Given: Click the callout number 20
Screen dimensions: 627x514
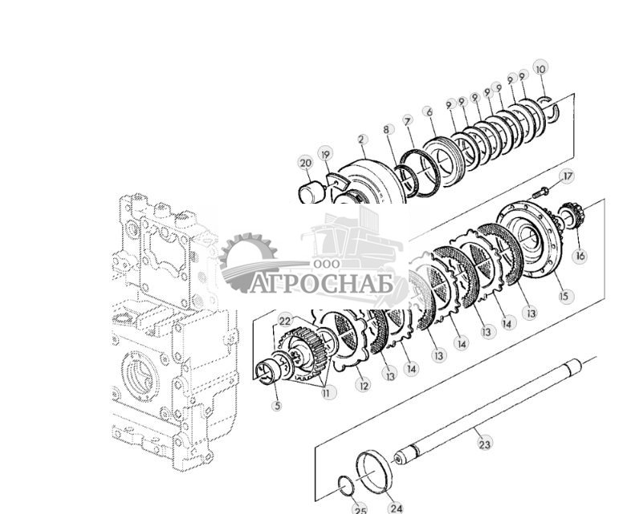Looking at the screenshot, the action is coord(306,164).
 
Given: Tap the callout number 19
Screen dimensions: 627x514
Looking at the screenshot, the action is coord(325,154).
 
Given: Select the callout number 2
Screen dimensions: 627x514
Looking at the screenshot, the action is coord(362,140).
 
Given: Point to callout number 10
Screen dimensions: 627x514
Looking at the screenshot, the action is coord(540,69).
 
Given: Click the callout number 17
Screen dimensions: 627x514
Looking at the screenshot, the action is coord(568,176).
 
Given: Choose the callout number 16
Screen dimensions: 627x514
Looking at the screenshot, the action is coord(580,256).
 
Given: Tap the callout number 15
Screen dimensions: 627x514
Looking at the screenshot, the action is coord(564,296).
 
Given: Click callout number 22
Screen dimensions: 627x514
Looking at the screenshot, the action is coord(285,321).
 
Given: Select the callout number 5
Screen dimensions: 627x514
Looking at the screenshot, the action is coord(277,406).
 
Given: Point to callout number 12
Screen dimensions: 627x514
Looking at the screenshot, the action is coord(364,386).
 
